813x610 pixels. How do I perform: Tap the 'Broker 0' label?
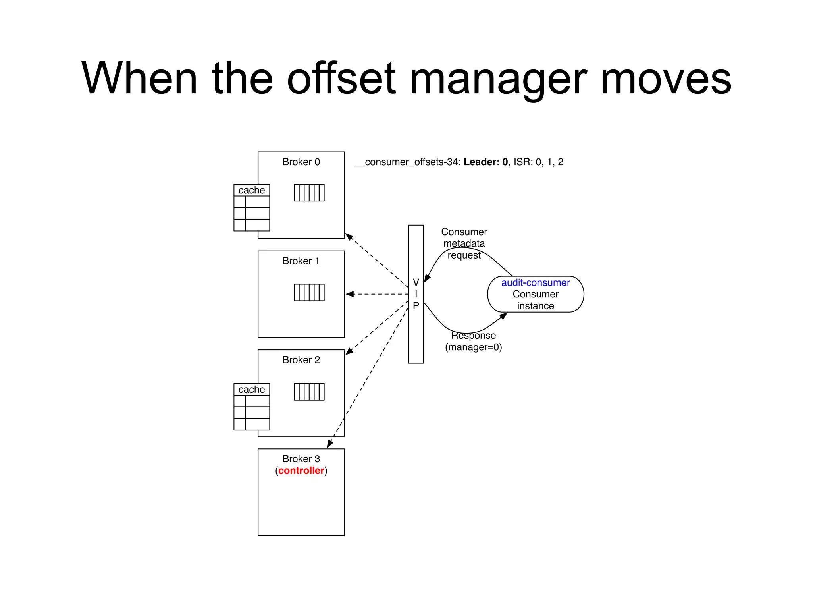(301, 162)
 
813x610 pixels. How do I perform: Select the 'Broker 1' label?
(301, 261)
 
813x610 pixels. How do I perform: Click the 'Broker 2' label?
(301, 360)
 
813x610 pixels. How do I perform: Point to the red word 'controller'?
(301, 471)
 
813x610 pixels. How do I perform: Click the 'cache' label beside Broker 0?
(252, 190)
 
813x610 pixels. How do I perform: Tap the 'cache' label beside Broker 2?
(252, 390)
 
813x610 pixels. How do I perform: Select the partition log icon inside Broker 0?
(309, 193)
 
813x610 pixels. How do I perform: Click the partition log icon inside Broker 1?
(309, 292)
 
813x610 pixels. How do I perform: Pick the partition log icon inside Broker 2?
(309, 392)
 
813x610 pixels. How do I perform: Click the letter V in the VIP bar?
(416, 282)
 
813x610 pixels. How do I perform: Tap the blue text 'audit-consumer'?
(535, 283)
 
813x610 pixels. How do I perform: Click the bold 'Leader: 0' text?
(485, 162)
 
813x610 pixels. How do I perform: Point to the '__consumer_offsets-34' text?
(406, 162)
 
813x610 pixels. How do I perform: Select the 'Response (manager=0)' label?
(473, 342)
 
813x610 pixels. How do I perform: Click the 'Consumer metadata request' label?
(464, 243)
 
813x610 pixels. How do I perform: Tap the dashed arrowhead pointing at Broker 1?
(350, 294)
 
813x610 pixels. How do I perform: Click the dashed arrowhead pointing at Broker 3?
(330, 444)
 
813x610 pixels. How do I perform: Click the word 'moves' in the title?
(666, 79)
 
